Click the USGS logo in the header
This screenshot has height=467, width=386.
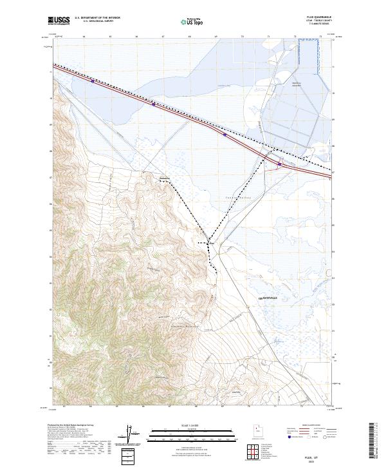pyautogui.click(x=59, y=21)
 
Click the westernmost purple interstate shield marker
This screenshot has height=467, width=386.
pyautogui.click(x=93, y=81)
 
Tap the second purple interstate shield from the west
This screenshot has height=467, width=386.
pyautogui.click(x=153, y=104)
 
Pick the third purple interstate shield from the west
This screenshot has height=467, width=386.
pyautogui.click(x=224, y=135)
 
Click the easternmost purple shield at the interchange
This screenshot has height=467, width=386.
pyautogui.click(x=280, y=164)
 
